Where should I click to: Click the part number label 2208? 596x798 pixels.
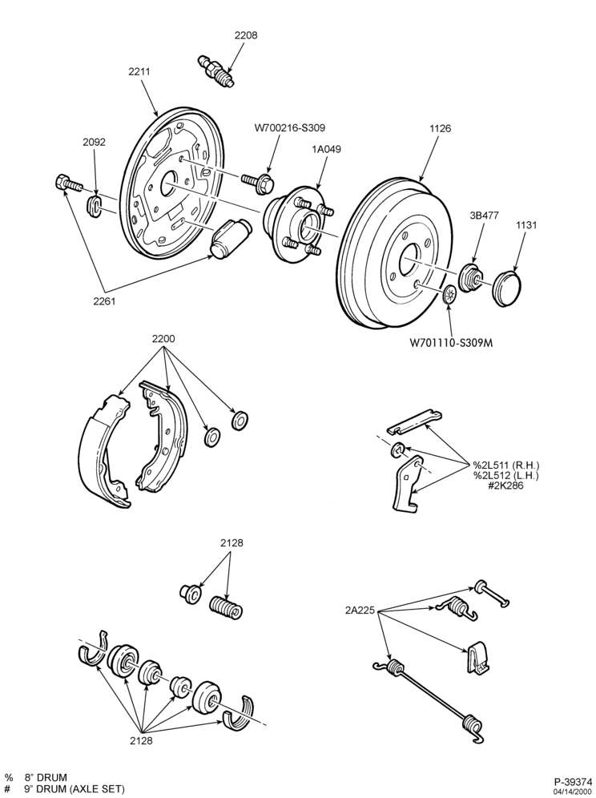pos(246,35)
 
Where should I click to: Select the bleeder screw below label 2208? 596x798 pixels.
pos(215,72)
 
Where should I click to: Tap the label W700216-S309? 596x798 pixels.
pos(290,127)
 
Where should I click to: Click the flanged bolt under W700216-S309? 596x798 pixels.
pos(259,180)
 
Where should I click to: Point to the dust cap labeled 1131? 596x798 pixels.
pos(507,288)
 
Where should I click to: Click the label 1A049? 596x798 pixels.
pos(327,150)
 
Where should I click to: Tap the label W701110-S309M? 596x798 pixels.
pos(452,343)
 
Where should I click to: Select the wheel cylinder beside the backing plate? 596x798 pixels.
pos(230,238)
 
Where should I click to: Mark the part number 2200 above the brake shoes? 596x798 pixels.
pos(163,339)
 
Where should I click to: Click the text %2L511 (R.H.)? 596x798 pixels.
pos(506,465)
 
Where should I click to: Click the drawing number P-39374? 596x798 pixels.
pos(573,781)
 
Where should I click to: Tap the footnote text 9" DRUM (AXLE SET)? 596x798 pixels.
pos(74,789)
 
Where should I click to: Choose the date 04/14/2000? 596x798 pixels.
pos(576,792)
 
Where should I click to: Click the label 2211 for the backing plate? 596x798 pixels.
pos(139,72)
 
